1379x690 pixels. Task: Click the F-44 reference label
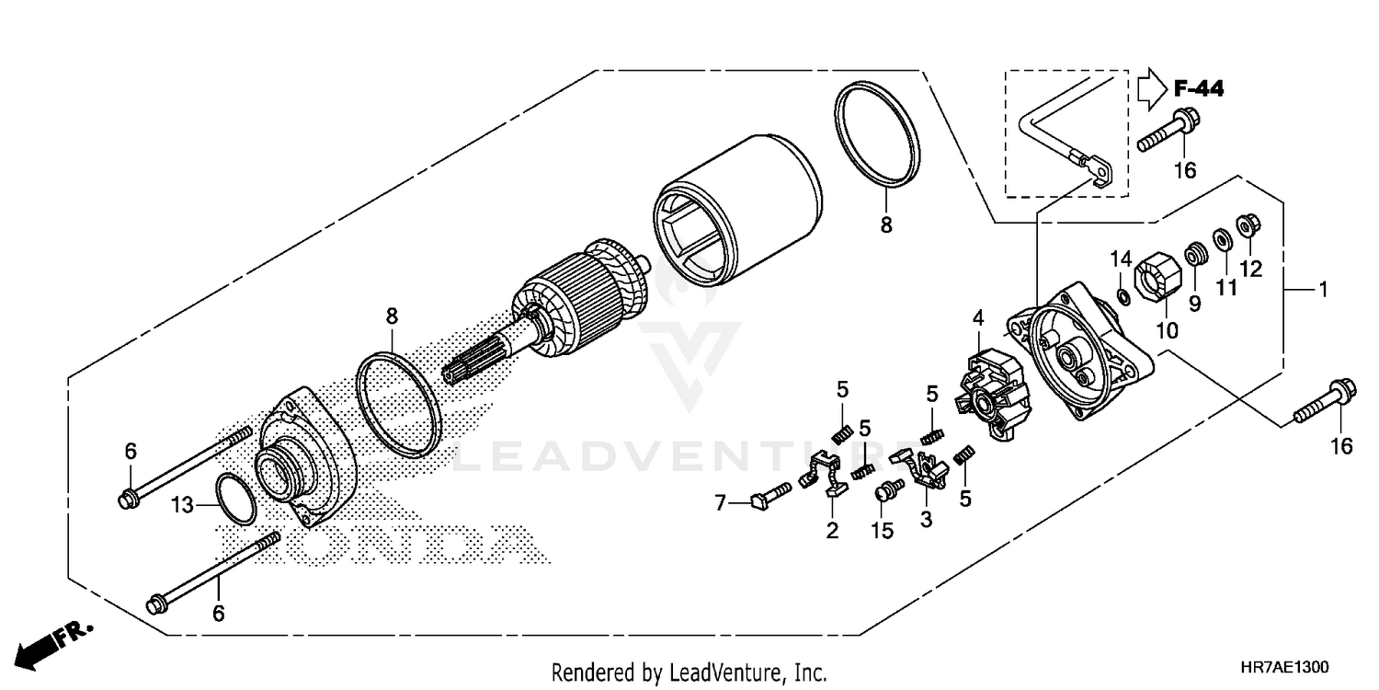point(1199,89)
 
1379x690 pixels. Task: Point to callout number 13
point(183,504)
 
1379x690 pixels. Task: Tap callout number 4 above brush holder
point(978,318)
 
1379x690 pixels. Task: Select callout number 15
point(883,532)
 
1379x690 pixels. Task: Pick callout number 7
point(721,503)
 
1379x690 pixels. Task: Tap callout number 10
point(1166,328)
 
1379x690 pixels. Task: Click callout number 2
point(832,531)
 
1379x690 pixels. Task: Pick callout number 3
point(926,520)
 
